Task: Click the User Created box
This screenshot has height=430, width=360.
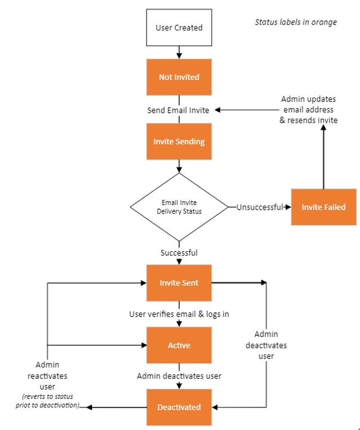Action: pyautogui.click(x=179, y=27)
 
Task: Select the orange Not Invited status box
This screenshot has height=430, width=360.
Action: pyautogui.click(x=179, y=77)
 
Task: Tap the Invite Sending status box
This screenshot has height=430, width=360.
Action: pyautogui.click(x=179, y=141)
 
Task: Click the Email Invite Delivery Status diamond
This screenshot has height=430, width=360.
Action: pyautogui.click(x=179, y=207)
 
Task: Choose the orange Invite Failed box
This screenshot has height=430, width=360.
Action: pyautogui.click(x=323, y=207)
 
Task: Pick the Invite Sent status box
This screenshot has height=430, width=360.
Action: pyautogui.click(x=179, y=283)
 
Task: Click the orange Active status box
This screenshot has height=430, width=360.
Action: pyautogui.click(x=179, y=345)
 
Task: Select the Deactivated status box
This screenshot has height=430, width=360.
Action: pyautogui.click(x=179, y=407)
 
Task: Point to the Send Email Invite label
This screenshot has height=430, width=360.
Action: pyautogui.click(x=178, y=110)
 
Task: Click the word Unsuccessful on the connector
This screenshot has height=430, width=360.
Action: pyautogui.click(x=259, y=207)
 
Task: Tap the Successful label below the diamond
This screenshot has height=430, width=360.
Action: pyautogui.click(x=179, y=252)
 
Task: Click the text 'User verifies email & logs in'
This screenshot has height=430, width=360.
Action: pyautogui.click(x=179, y=314)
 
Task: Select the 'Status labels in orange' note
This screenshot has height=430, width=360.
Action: pyautogui.click(x=296, y=22)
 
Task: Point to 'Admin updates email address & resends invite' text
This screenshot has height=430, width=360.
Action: pyautogui.click(x=308, y=110)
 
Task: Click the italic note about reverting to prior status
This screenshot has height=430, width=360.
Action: pyautogui.click(x=47, y=401)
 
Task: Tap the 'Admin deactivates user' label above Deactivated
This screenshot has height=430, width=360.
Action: pyautogui.click(x=179, y=376)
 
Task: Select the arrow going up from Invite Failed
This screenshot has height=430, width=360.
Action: pyautogui.click(x=323, y=158)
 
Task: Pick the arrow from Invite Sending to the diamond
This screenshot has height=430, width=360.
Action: pyautogui.click(x=179, y=166)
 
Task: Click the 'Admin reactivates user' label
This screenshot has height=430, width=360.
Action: pyautogui.click(x=47, y=376)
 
